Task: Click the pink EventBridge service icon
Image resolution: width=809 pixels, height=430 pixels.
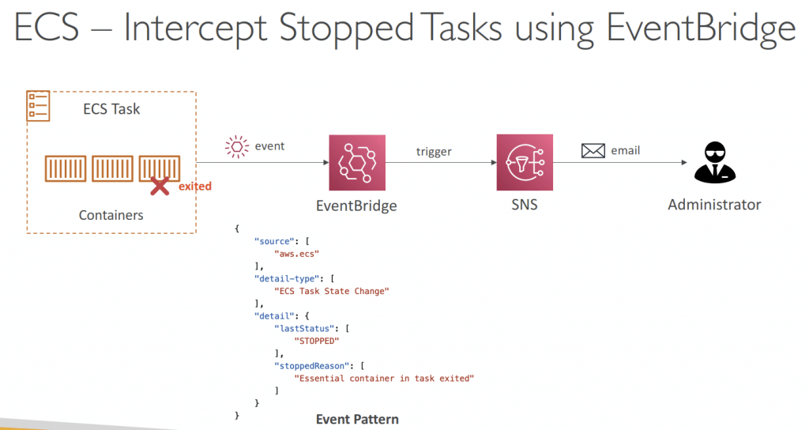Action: click(x=357, y=163)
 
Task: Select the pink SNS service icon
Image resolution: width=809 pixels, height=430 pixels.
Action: click(x=525, y=163)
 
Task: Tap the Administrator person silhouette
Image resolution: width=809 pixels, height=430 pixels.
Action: click(x=715, y=162)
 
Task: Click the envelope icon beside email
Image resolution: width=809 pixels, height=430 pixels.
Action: click(x=593, y=151)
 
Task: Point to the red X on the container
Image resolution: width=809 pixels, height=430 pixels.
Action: click(x=160, y=187)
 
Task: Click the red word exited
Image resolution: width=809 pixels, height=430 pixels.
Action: click(x=195, y=187)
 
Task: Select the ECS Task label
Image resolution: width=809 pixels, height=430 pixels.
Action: click(x=111, y=109)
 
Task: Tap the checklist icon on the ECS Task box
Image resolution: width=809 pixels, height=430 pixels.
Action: click(x=38, y=106)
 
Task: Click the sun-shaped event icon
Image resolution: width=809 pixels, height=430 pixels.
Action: click(x=237, y=146)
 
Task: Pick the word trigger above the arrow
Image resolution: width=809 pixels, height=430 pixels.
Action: click(x=434, y=152)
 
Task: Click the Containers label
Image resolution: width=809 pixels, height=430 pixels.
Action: click(x=111, y=215)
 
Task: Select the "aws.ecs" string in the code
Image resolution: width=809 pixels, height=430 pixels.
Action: click(x=297, y=254)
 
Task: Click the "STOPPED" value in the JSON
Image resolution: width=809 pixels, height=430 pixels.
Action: click(x=317, y=341)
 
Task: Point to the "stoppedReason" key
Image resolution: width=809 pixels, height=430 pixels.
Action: click(x=312, y=366)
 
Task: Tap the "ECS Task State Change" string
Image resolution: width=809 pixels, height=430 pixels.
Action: click(x=332, y=291)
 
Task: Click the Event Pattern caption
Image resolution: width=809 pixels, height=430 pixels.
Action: click(x=358, y=419)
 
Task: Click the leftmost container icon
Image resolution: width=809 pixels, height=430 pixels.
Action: click(x=66, y=169)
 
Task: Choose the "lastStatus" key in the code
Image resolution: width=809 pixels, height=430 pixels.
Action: click(x=304, y=328)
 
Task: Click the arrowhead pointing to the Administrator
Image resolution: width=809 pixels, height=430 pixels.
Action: click(x=684, y=163)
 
